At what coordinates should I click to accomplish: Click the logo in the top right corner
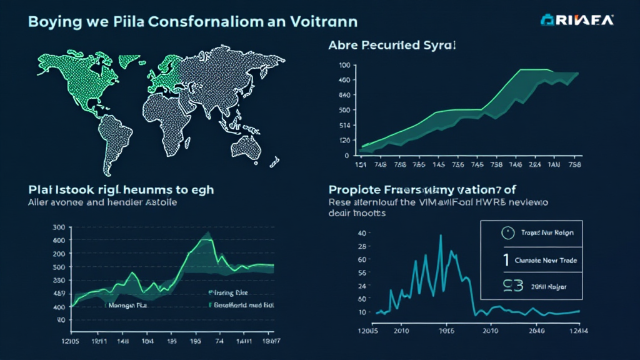tap(577, 20)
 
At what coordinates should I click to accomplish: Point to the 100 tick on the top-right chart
tap(343, 65)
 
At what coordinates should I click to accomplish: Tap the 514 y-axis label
tap(343, 125)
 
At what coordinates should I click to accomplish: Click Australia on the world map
tap(244, 146)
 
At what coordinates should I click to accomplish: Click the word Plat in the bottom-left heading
tap(41, 189)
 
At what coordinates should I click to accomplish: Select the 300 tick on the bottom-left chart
tap(59, 227)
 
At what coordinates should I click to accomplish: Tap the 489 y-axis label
tap(59, 293)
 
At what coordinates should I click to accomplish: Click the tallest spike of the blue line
tap(440, 236)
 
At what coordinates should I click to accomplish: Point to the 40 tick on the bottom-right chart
tap(361, 233)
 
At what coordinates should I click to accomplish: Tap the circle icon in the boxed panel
tap(507, 233)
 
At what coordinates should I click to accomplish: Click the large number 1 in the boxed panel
tap(505, 260)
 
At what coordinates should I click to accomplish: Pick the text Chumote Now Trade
tap(546, 260)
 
